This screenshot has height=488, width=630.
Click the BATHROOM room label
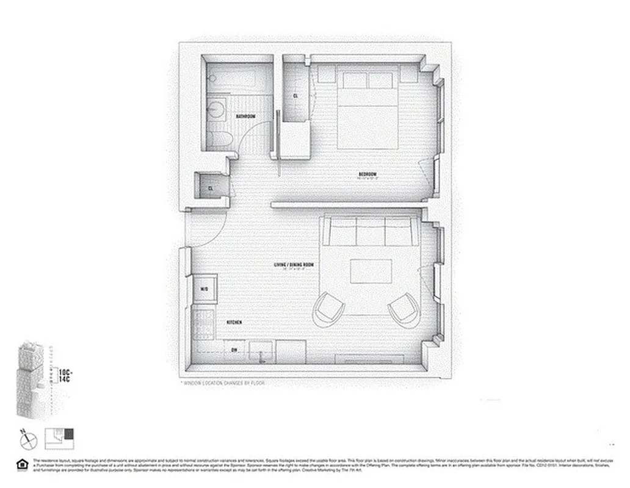click(x=245, y=117)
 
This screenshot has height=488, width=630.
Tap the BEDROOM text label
click(x=367, y=174)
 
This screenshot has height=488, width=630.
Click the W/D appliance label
click(x=204, y=289)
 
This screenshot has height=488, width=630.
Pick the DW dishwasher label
click(x=234, y=350)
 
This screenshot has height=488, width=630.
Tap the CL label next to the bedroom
click(x=295, y=96)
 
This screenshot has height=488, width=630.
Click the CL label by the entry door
click(x=211, y=188)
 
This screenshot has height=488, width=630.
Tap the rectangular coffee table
click(x=371, y=271)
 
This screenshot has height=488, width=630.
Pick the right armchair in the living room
click(x=405, y=309)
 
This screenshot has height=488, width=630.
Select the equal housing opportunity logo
click(x=23, y=465)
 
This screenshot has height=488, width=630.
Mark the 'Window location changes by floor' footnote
click(x=223, y=383)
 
